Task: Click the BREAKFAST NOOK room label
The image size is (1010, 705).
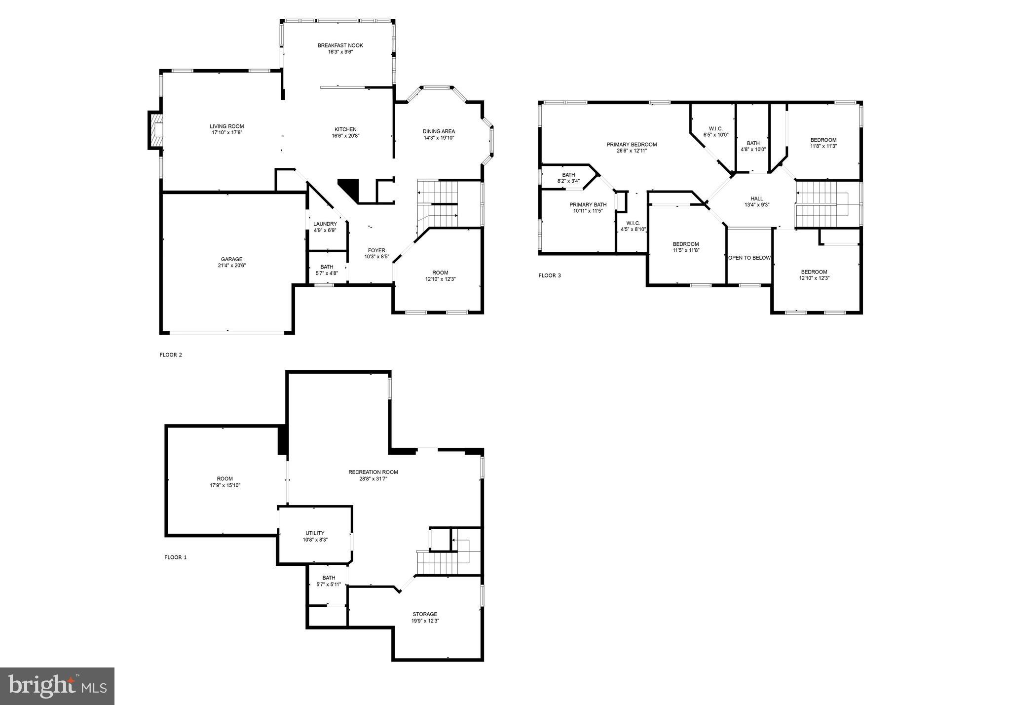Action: pos(340,45)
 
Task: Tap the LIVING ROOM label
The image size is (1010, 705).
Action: pos(226,126)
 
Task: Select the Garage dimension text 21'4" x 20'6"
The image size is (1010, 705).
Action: pos(231,266)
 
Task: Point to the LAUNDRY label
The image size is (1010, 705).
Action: pos(325,224)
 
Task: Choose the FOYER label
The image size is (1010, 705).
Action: pos(376,251)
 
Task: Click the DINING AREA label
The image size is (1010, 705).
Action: pos(439,131)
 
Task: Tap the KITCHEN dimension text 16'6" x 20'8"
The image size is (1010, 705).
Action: pos(345,136)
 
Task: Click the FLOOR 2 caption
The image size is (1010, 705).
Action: pos(171,354)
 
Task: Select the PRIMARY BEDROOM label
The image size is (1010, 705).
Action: pos(632,145)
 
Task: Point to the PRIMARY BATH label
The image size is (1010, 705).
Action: pos(588,205)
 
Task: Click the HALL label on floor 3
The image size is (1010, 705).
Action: pos(757,199)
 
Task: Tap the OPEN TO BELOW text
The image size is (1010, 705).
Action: pos(749,258)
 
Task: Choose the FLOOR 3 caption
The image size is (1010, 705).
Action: pos(550,275)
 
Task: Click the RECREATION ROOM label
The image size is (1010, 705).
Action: pos(373,472)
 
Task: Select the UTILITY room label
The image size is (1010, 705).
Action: pos(315,533)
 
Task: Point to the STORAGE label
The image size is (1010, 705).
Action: pos(425,615)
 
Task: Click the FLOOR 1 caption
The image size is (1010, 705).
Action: pos(175,557)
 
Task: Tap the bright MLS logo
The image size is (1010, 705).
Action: pos(57,686)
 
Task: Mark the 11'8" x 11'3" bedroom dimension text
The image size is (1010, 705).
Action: pos(823,146)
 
